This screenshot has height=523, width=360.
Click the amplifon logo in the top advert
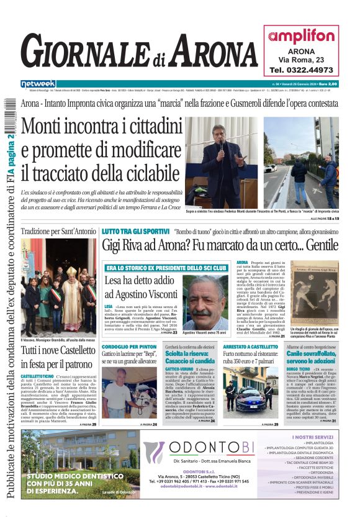(301, 37)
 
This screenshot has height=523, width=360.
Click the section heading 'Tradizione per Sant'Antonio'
(58, 231)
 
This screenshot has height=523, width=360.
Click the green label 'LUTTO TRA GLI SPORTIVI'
(132, 230)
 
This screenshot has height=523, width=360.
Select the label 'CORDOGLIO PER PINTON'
(128, 346)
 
